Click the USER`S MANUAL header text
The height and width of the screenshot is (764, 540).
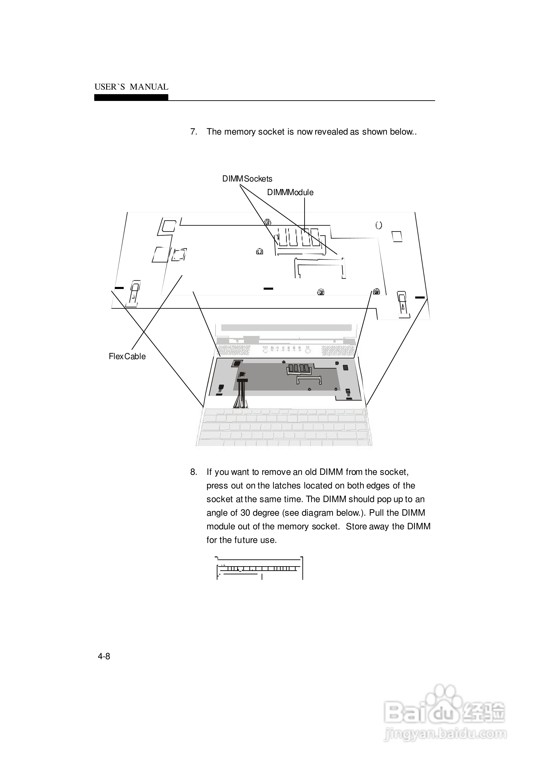pos(131,87)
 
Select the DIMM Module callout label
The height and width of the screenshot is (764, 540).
pos(290,192)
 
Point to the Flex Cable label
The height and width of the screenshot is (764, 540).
pos(127,357)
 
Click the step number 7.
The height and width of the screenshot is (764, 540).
pos(193,132)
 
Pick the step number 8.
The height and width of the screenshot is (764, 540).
pos(193,472)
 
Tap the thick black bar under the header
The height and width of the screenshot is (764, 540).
pos(131,98)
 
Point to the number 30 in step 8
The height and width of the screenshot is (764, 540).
pos(245,513)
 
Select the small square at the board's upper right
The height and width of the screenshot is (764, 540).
pos(397,236)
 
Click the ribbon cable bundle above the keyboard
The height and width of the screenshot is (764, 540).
pos(241,393)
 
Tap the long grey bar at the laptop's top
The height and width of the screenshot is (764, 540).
pos(286,328)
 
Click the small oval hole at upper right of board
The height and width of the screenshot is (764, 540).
pos(379,225)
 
